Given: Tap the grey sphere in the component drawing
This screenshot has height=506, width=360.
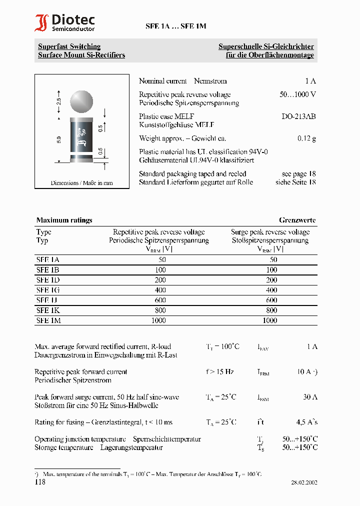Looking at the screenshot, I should [80, 101].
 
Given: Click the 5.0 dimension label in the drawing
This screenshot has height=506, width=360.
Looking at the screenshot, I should [59, 139].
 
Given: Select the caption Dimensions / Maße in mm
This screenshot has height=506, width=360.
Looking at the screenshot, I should [81, 183].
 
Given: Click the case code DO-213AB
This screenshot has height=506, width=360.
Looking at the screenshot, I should [298, 116].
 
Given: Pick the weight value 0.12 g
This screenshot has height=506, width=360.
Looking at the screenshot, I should [306, 138].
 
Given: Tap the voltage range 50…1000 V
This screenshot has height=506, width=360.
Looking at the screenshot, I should [297, 94].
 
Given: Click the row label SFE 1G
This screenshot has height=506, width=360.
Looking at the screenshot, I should [48, 290].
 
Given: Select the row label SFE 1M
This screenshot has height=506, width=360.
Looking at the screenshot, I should [48, 320].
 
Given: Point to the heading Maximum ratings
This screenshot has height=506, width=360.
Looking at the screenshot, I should [64, 220].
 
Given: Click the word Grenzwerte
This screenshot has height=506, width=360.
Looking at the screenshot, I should [297, 220].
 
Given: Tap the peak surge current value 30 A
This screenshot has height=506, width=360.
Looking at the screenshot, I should [309, 397].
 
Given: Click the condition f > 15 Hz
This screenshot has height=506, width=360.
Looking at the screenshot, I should [219, 371].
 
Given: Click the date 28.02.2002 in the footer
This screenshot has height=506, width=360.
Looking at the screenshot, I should [304, 483].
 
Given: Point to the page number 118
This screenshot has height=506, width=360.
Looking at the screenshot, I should [40, 482].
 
